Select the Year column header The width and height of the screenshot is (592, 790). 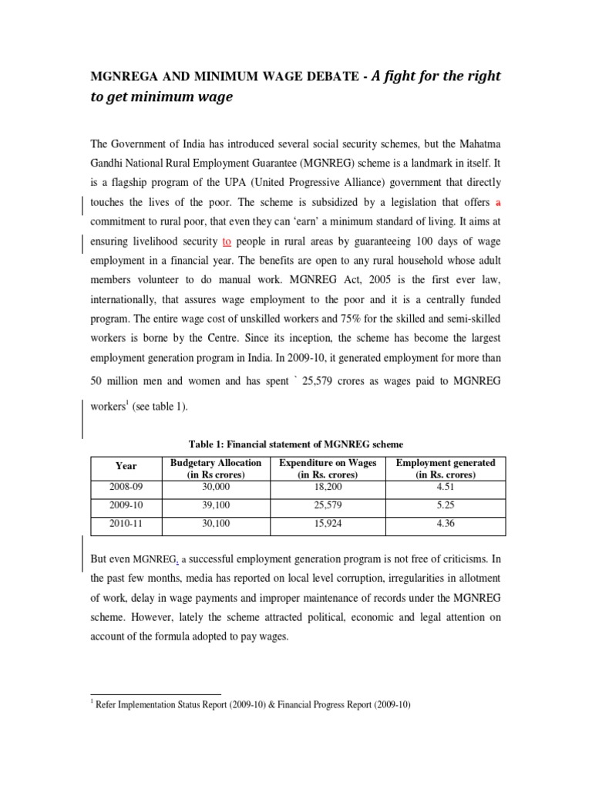tap(126, 466)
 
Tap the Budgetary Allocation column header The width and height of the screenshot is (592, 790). tap(215, 468)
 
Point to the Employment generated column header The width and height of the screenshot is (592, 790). tap(445, 468)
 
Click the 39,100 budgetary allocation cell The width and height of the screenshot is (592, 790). tap(215, 506)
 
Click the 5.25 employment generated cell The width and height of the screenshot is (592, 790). tap(445, 506)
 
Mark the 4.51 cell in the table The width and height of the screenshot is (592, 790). tap(445, 488)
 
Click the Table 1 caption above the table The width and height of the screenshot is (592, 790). tap(296, 444)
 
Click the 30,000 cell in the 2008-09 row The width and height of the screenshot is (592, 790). tap(215, 488)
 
